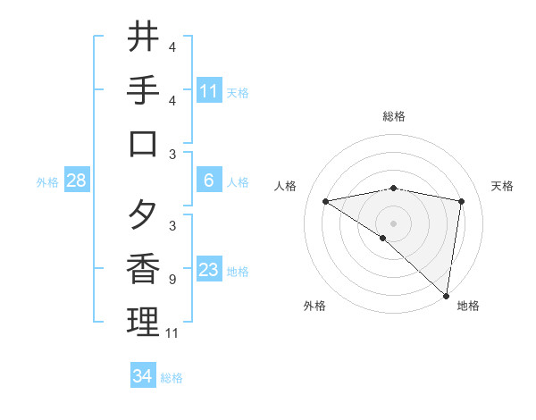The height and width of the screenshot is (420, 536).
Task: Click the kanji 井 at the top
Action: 144,38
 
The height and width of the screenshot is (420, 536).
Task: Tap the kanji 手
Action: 144,91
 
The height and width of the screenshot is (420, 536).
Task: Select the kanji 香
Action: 144,270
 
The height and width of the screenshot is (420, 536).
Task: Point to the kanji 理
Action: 144,323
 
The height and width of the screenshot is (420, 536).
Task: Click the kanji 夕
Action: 144,217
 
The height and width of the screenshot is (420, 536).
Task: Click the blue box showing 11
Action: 209,91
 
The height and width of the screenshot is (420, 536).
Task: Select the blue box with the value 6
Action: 209,181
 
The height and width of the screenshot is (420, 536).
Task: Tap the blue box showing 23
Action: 209,271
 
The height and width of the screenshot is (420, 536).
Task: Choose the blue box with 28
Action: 77,181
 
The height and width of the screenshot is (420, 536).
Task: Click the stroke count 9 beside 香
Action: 171,280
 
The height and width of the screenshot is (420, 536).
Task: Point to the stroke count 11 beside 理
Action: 173,333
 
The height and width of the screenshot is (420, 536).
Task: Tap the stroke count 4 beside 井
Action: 172,47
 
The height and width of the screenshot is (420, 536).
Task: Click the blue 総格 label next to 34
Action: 172,378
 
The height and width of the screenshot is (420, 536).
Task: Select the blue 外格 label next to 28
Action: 47,182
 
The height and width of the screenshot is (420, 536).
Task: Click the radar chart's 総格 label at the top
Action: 394,117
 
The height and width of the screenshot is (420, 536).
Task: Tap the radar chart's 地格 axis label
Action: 468,306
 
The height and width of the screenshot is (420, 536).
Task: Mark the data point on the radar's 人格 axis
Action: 325,201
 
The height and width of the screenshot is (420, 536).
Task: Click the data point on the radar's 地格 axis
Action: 447,294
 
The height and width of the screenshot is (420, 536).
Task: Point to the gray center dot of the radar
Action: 393,223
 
